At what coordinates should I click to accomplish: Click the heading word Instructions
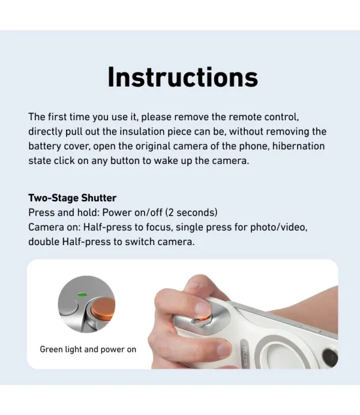[182, 77]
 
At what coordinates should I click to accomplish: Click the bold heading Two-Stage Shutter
[72, 198]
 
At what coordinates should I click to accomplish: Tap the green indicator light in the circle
[81, 294]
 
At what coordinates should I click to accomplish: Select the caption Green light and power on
[88, 349]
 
